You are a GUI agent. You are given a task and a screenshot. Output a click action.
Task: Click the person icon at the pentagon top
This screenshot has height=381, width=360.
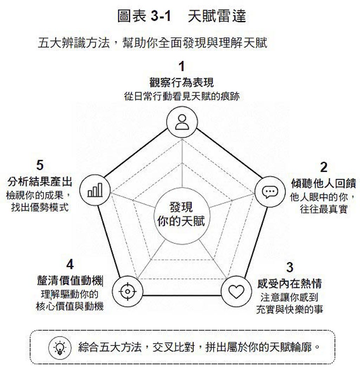pos(182,122)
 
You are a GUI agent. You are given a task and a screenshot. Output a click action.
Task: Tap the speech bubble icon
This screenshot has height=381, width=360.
pos(270,192)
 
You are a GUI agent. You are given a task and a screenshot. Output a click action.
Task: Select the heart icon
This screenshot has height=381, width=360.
pos(237,291)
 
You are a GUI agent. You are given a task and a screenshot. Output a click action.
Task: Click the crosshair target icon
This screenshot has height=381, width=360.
pos(128,291)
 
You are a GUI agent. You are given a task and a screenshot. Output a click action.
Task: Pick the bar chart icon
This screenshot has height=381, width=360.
pos(95,190)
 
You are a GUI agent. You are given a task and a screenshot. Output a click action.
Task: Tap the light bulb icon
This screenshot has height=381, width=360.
pos(60,347)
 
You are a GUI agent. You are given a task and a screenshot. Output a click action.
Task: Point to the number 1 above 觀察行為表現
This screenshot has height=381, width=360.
pos(181,67)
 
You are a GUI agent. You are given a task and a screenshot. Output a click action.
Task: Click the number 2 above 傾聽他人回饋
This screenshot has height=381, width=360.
pos(323,167)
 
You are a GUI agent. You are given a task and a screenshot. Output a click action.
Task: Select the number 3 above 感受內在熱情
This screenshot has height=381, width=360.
pos(289,267)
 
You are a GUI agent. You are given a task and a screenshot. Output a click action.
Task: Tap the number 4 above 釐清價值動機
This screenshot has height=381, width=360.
pos(70,264)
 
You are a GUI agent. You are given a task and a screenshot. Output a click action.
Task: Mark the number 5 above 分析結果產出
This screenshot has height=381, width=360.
pos(40,165)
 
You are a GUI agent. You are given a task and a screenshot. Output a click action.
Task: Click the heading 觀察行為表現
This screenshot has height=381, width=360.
pos(181,83)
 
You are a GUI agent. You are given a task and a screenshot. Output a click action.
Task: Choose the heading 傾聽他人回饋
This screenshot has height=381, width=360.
pos(323,183)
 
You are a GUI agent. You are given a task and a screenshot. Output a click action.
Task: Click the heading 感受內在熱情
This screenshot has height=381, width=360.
pos(289,283)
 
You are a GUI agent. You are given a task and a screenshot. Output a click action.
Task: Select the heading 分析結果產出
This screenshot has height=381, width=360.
pos(40,182)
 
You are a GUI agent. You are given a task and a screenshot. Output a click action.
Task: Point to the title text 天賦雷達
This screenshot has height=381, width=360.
pos(217,16)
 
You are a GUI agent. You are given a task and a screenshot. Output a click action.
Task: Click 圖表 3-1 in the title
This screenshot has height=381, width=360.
pos(144,16)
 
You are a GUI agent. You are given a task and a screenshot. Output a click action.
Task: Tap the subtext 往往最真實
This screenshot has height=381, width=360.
pos(323,209)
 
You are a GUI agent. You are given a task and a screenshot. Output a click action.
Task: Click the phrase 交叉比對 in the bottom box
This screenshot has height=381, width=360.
pos(174,347)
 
